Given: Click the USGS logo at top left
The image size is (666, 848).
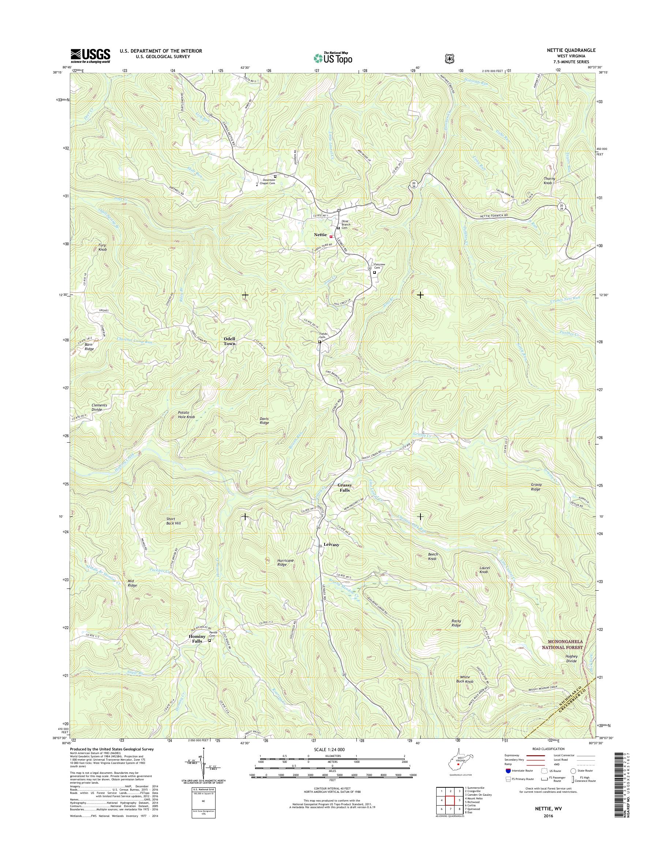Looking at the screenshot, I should coord(90,56).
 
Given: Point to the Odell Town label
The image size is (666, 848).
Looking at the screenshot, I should coord(229,341).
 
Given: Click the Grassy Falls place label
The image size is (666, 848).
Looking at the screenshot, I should coord(344,487).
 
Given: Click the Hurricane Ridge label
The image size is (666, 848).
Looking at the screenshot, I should coord(285,562).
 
